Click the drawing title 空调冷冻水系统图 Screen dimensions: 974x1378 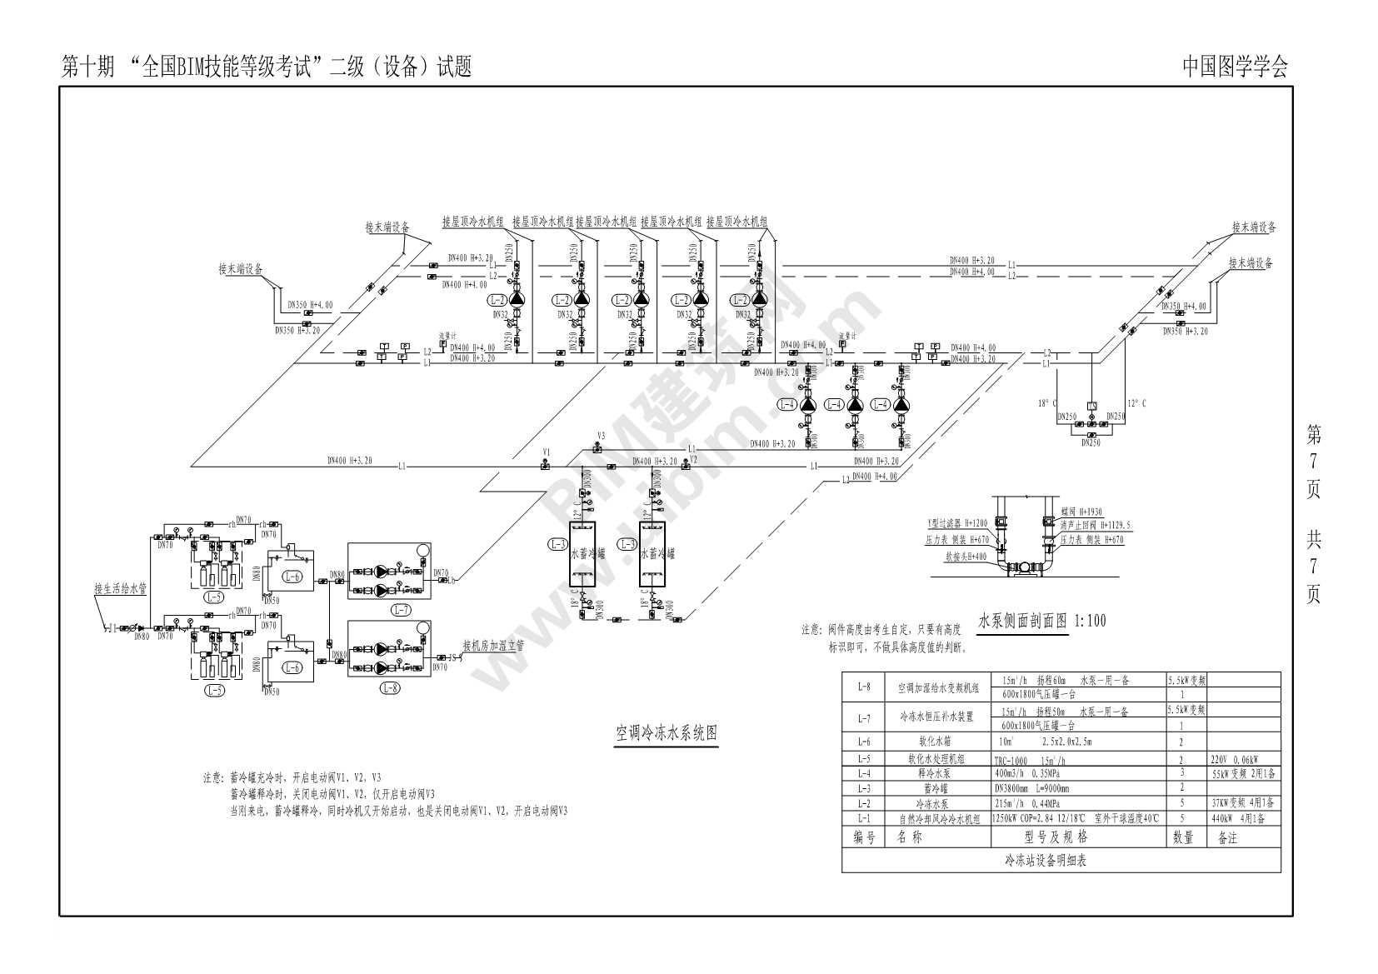click(x=667, y=733)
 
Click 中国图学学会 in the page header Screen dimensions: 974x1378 click(x=1235, y=67)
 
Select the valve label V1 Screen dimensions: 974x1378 click(x=547, y=452)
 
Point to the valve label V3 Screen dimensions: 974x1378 click(x=601, y=436)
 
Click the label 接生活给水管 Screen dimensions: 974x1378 click(x=120, y=588)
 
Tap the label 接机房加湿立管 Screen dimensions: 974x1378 click(x=493, y=645)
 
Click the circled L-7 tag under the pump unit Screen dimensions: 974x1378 click(x=401, y=610)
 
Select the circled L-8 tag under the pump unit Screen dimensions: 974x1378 click(x=389, y=687)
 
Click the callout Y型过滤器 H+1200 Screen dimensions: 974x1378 click(x=957, y=523)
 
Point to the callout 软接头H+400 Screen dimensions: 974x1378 click(x=966, y=557)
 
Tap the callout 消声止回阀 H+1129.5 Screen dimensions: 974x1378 click(x=1095, y=526)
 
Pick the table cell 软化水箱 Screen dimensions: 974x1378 click(x=935, y=741)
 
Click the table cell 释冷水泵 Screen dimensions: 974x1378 click(x=935, y=773)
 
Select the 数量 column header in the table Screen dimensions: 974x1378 click(x=1183, y=837)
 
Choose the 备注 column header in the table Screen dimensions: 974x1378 click(x=1227, y=837)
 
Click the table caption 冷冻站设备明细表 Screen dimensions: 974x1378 click(x=1045, y=861)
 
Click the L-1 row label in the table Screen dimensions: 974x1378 click(x=864, y=819)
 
